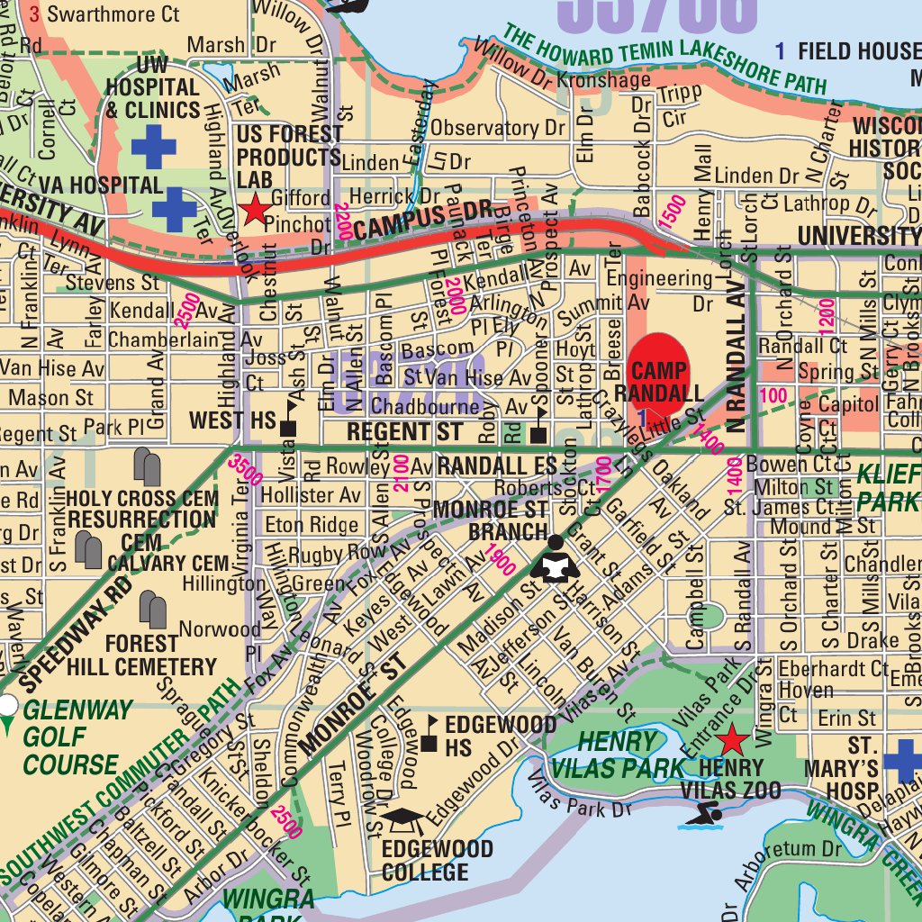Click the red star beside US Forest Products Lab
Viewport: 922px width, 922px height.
point(256,210)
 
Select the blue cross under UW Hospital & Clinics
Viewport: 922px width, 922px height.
point(153,147)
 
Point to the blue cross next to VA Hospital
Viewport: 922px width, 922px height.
point(174,209)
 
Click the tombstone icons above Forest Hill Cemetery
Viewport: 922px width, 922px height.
point(153,610)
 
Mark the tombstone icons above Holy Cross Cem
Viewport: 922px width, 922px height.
point(147,466)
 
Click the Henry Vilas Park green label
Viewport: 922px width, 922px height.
point(604,755)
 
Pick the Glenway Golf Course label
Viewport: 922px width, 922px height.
point(72,737)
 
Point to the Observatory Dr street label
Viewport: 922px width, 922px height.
point(496,128)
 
